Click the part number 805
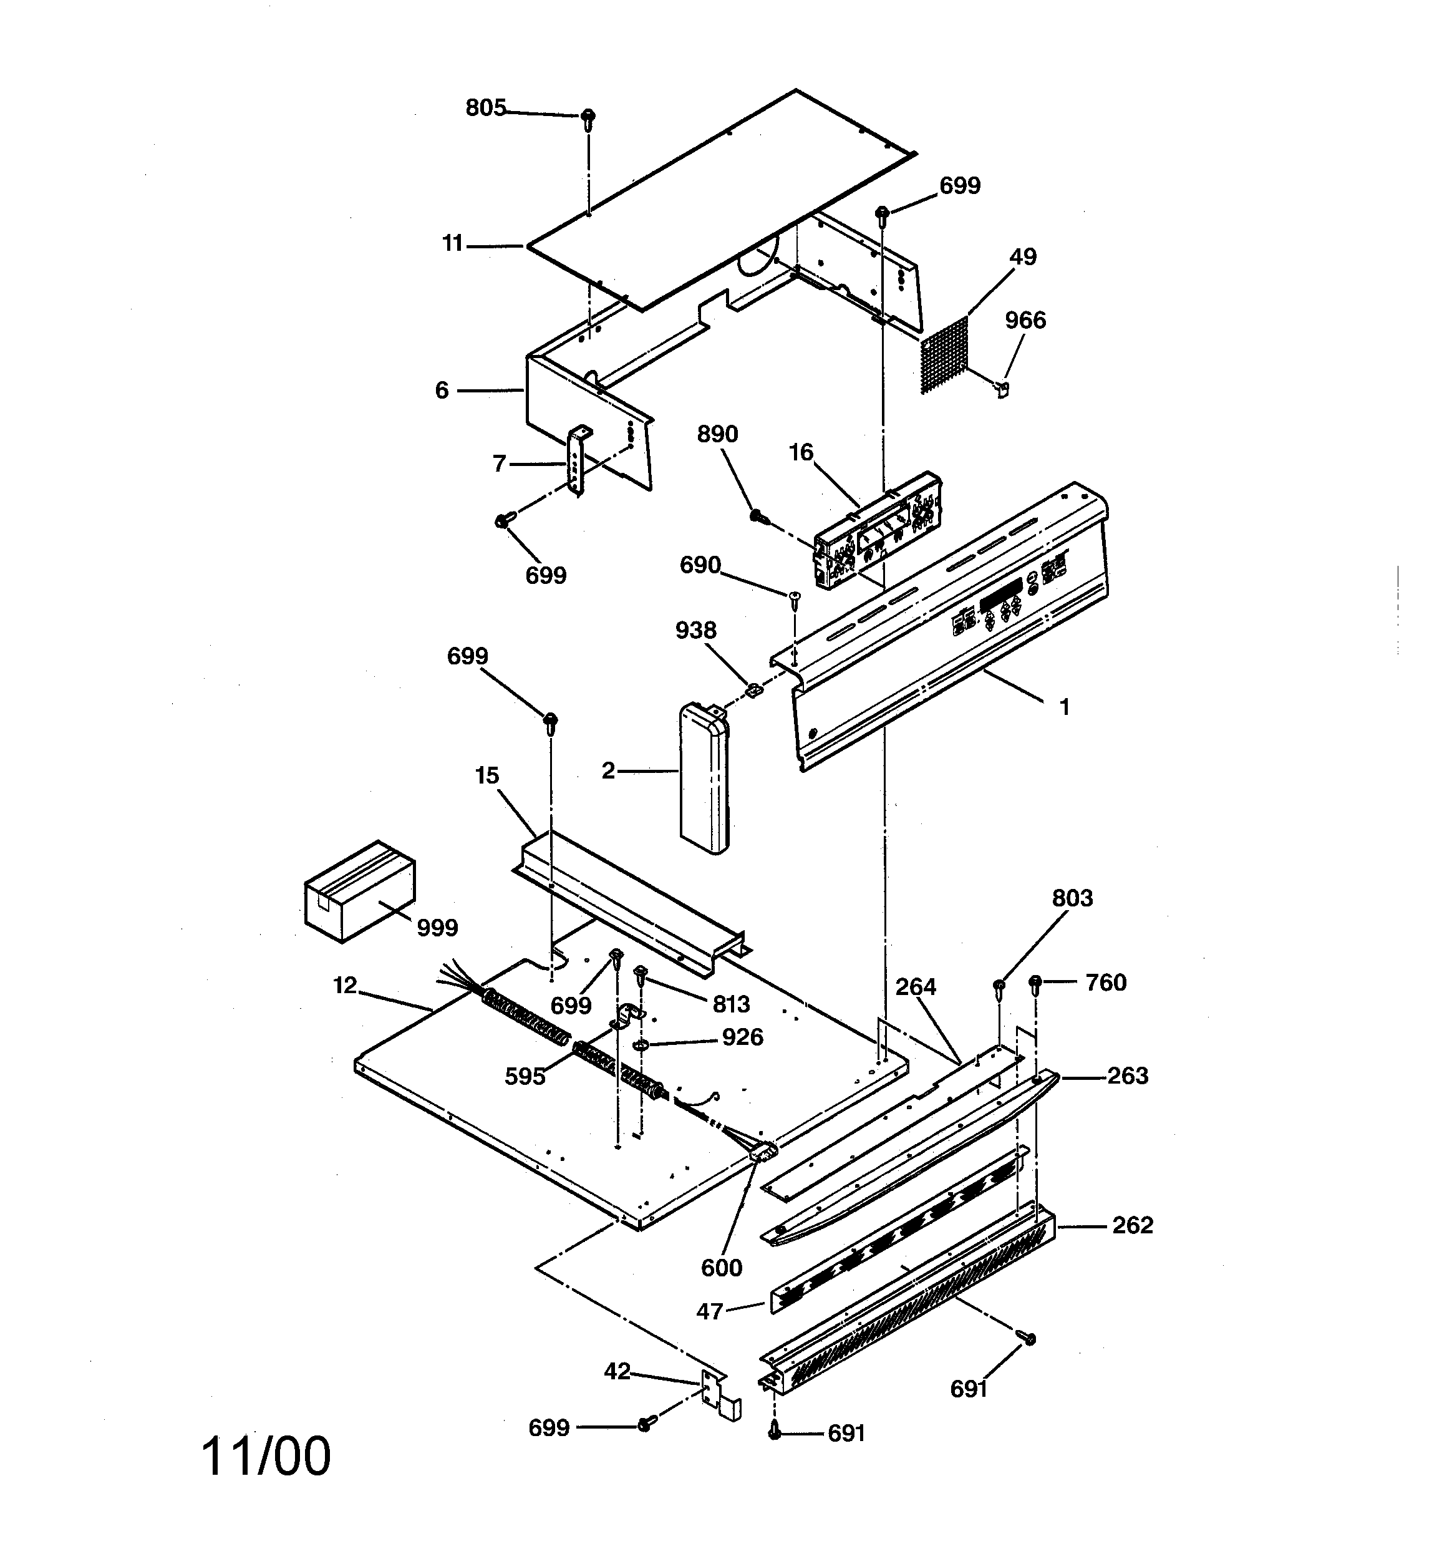pyautogui.click(x=485, y=108)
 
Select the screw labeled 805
pyautogui.click(x=588, y=118)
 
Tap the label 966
pyautogui.click(x=1025, y=320)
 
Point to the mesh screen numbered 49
pyautogui.click(x=944, y=356)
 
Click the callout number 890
pyautogui.click(x=717, y=434)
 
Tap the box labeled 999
pyautogui.click(x=359, y=891)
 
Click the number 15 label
pyautogui.click(x=487, y=775)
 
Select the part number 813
pyautogui.click(x=731, y=1004)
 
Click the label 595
pyautogui.click(x=525, y=1077)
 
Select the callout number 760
pyautogui.click(x=1105, y=983)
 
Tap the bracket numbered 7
pyautogui.click(x=577, y=460)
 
